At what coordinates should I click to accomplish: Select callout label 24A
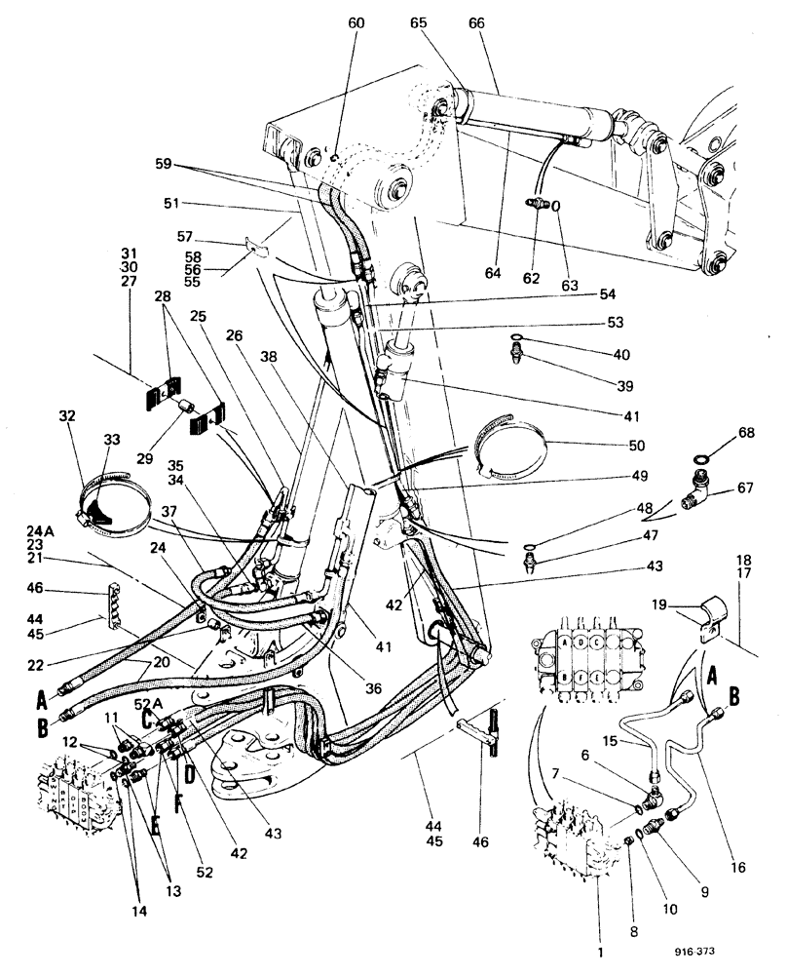(38, 531)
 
